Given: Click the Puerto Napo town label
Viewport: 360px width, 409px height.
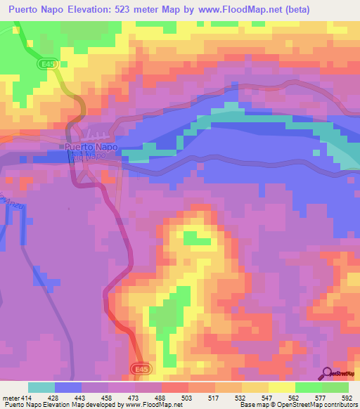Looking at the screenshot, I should (x=91, y=148).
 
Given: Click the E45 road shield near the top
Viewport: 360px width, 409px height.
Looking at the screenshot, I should (x=45, y=63).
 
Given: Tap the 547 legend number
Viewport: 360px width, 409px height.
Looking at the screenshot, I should (x=267, y=397).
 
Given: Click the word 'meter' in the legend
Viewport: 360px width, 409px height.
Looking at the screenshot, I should (x=10, y=397).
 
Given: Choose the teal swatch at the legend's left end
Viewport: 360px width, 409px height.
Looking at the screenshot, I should (x=41, y=387).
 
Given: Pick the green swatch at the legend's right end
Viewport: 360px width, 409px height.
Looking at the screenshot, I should (x=335, y=387).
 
